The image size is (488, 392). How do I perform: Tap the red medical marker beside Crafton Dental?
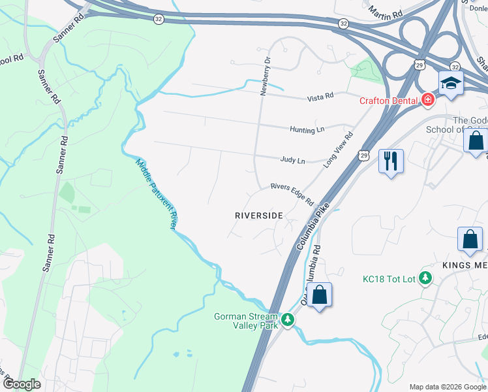point(428,100)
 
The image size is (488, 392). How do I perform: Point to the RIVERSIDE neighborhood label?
point(259,215)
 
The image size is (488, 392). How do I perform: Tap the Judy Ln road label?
point(292,160)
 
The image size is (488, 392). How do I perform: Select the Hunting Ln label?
point(307,129)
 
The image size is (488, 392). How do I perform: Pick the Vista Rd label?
point(320,97)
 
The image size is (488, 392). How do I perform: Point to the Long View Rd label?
point(339,150)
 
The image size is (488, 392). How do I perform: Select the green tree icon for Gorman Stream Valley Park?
point(287,321)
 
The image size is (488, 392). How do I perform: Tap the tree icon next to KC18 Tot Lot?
point(425,278)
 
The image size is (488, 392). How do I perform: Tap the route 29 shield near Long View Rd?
point(363,154)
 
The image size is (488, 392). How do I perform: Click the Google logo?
point(22,384)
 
